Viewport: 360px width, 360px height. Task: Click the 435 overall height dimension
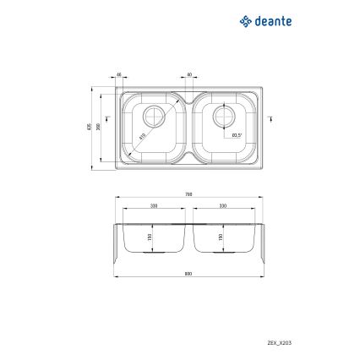(x=88, y=127)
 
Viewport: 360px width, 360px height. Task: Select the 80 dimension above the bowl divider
(x=188, y=75)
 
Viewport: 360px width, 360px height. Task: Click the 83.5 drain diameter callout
(x=237, y=135)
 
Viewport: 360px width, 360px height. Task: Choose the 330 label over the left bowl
(x=154, y=205)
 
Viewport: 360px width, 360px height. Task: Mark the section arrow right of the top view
(x=270, y=118)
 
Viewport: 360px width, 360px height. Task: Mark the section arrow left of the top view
(x=108, y=118)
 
